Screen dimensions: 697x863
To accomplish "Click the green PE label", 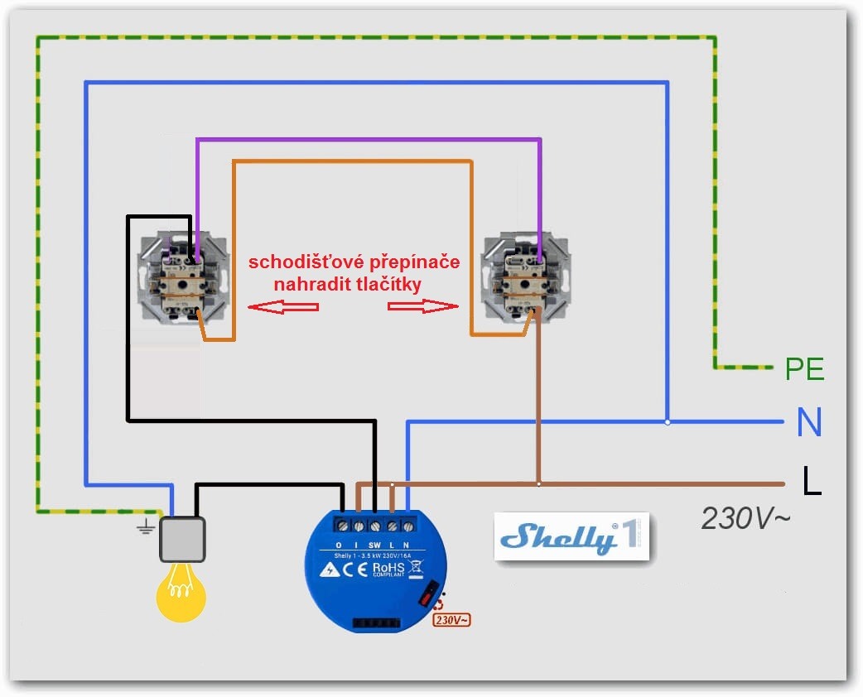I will point(804,368).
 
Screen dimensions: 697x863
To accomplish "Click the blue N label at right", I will point(808,423).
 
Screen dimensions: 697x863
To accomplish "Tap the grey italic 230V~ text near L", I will point(745,519).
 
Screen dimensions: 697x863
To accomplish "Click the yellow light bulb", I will point(181,589).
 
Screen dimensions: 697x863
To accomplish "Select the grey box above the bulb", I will point(182,540).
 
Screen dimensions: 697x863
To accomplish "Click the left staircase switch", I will point(184,280).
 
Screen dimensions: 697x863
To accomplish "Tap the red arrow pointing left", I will point(284,307).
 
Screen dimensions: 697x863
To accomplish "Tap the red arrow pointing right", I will point(422,306).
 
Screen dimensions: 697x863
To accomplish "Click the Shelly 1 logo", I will point(571,537).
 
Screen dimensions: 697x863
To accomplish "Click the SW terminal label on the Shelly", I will point(374,544).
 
